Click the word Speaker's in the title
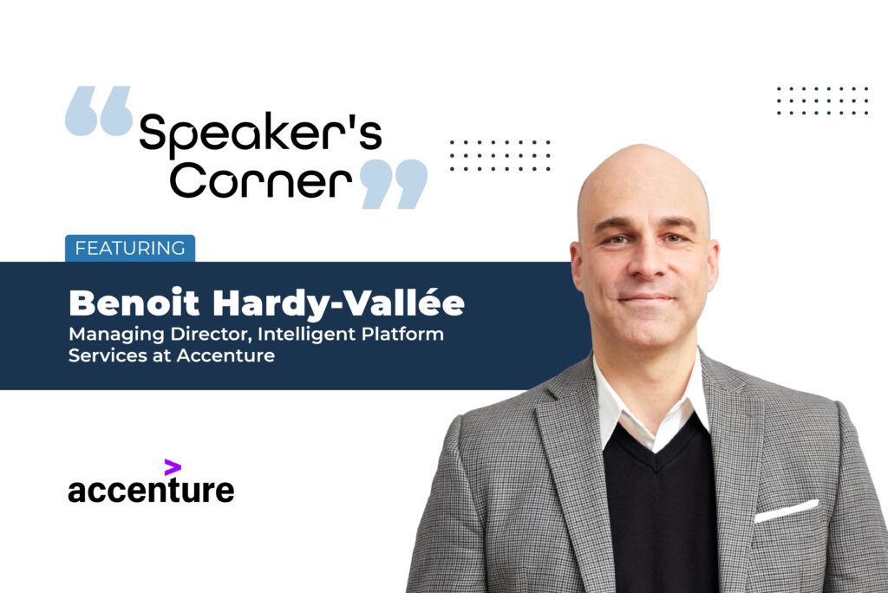[x=260, y=134]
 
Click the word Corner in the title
[x=260, y=179]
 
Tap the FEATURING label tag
[x=130, y=248]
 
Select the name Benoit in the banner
[x=134, y=303]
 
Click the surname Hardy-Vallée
[x=339, y=303]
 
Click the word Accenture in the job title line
[x=225, y=355]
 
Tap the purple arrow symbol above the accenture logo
[x=173, y=467]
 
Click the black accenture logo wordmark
[x=151, y=490]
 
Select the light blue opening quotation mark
[x=99, y=111]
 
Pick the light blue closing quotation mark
[x=395, y=184]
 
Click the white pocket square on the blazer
[x=787, y=511]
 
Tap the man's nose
[x=646, y=263]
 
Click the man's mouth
[x=646, y=297]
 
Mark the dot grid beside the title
[x=500, y=155]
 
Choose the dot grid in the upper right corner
[x=822, y=101]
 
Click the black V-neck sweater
[x=660, y=510]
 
